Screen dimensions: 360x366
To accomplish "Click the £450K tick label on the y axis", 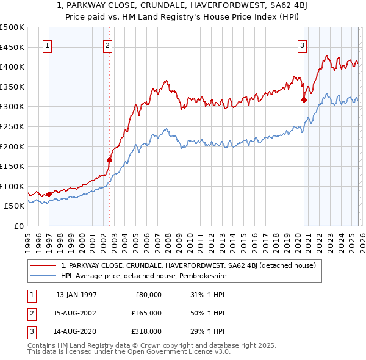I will tap(12, 47).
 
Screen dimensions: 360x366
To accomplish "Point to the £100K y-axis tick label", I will tap(12, 186).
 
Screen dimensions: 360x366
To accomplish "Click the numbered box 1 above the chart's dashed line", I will tap(48, 45).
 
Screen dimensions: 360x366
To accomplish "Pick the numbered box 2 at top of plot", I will tap(107, 45).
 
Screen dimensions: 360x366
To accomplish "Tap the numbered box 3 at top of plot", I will tap(302, 45).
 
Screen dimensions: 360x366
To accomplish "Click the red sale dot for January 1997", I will tap(49, 194).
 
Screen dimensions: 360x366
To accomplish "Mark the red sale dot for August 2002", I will tap(109, 160).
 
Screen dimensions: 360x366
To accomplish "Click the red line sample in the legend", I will tap(43, 265).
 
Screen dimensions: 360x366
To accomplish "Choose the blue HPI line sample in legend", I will tap(43, 276).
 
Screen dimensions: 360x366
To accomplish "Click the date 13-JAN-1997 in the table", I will tap(76, 295).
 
